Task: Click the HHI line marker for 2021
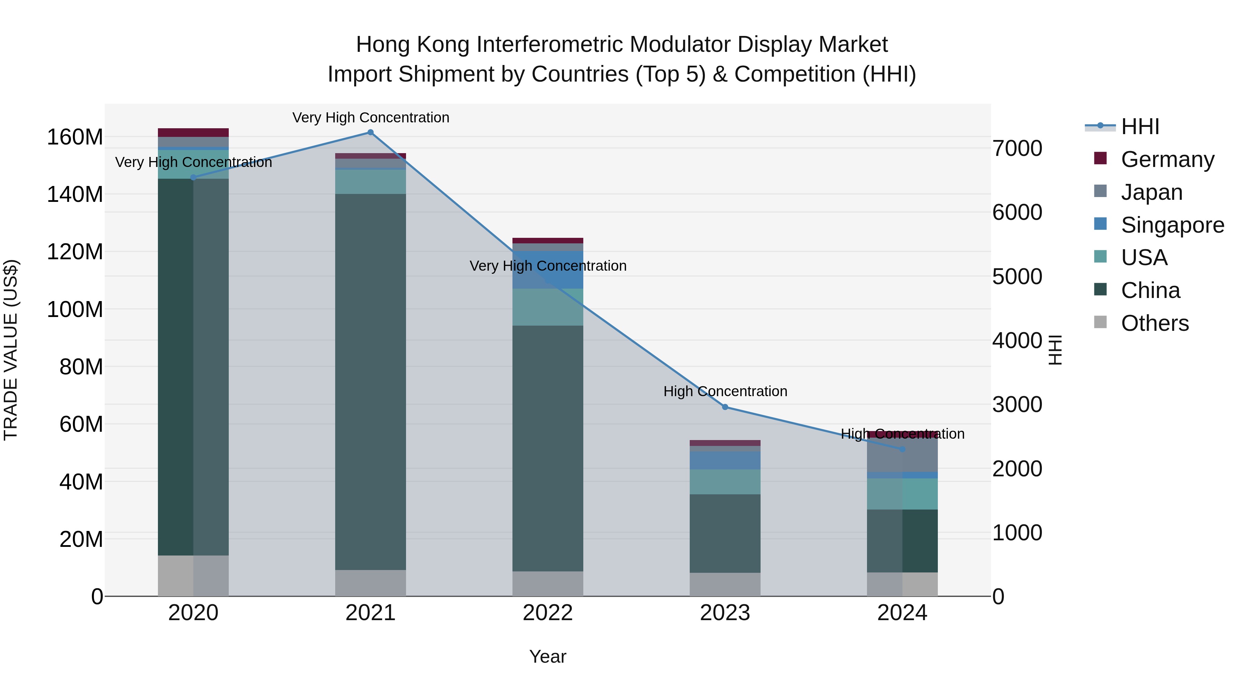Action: coord(370,132)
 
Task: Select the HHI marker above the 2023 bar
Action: coord(725,407)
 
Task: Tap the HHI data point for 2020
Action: coord(193,177)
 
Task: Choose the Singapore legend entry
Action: coord(1172,225)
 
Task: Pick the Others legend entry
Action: coord(1154,323)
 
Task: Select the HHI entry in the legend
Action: coord(1140,127)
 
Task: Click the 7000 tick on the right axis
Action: coord(1017,148)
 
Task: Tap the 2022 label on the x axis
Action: coord(548,613)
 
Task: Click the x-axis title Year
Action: coord(548,656)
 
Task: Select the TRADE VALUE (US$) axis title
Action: coord(11,350)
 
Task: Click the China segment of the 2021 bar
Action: coord(370,382)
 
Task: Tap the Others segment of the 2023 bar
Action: coord(725,585)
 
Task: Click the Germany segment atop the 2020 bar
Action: coord(193,132)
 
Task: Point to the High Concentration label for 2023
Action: coord(725,391)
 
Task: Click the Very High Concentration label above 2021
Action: coord(370,118)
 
